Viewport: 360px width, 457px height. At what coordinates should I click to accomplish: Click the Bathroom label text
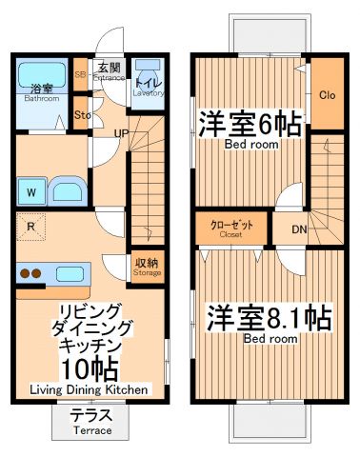pyautogui.click(x=41, y=97)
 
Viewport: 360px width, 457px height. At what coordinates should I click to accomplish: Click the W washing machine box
pyautogui.click(x=31, y=191)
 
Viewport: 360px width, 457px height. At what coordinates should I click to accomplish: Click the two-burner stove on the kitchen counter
pyautogui.click(x=31, y=274)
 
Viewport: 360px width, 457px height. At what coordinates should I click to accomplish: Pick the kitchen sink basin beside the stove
pyautogui.click(x=70, y=274)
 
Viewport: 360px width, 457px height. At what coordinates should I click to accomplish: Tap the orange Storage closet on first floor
pyautogui.click(x=147, y=267)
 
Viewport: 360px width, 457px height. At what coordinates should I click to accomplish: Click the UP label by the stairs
pyautogui.click(x=122, y=133)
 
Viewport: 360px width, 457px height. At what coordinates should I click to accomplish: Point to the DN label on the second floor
pyautogui.click(x=299, y=229)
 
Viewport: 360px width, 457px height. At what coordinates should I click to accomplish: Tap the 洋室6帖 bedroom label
pyautogui.click(x=250, y=127)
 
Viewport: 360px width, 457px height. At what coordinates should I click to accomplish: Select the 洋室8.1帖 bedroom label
pyautogui.click(x=270, y=317)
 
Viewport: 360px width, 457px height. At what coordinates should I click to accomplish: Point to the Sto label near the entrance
pyautogui.click(x=82, y=115)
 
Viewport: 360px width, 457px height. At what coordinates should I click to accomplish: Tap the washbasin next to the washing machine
pyautogui.click(x=68, y=190)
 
